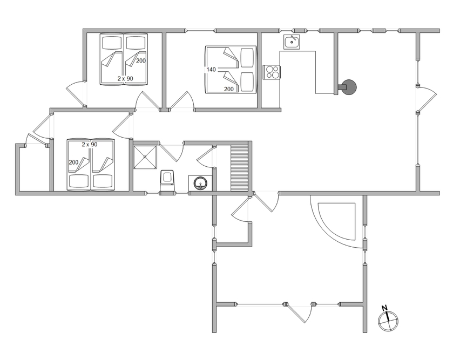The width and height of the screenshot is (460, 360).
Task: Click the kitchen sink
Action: pyautogui.click(x=292, y=42)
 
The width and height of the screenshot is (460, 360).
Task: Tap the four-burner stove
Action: pyautogui.click(x=272, y=72)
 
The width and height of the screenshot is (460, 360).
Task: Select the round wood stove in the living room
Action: pyautogui.click(x=349, y=87)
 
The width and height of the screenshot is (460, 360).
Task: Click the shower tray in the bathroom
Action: pyautogui.click(x=145, y=157)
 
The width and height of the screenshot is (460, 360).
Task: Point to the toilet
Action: pyautogui.click(x=167, y=181)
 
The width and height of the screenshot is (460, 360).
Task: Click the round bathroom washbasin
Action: pyautogui.click(x=200, y=184)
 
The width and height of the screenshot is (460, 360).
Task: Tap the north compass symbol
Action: pyautogui.click(x=388, y=321)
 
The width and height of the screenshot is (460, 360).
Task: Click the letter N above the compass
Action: pyautogui.click(x=384, y=308)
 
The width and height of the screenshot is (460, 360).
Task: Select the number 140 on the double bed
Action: pyautogui.click(x=211, y=70)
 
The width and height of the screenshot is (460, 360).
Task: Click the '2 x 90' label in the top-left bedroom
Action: pyautogui.click(x=125, y=79)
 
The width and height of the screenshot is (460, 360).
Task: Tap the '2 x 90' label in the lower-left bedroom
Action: pyautogui.click(x=90, y=145)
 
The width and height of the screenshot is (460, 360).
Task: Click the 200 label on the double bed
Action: pyautogui.click(x=229, y=89)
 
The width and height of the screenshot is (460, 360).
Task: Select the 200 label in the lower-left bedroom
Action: pyautogui.click(x=73, y=162)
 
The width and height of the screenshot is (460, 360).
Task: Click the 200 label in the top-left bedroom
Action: pyautogui.click(x=141, y=60)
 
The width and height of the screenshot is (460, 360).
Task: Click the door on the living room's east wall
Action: pyautogui.click(x=427, y=99)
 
